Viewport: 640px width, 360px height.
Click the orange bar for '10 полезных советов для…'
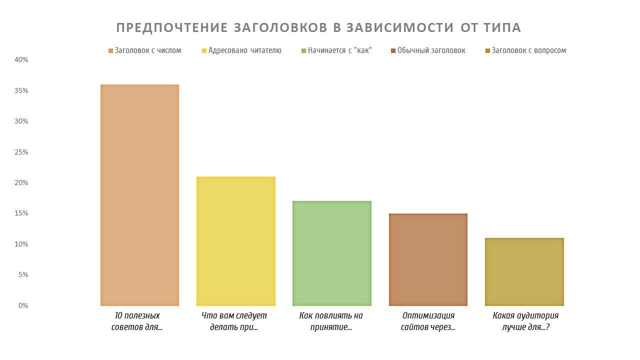click(139, 195)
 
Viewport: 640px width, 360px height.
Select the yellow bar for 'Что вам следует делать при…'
click(235, 241)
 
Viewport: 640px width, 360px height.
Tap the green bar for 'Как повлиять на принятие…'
click(331, 253)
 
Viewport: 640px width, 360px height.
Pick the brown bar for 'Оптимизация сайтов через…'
click(428, 259)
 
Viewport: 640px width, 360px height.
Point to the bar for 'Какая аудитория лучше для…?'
click(524, 271)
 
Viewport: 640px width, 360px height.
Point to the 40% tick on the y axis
click(21, 60)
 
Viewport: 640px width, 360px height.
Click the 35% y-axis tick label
click(21, 90)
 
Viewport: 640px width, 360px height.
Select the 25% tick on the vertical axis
click(21, 152)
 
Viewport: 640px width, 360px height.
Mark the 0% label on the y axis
click(23, 305)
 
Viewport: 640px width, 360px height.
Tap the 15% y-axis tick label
click(21, 213)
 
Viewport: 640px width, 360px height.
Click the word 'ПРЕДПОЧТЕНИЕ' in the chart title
click(171, 28)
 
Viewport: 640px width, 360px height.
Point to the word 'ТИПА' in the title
click(502, 28)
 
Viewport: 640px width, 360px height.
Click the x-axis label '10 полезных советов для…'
click(137, 321)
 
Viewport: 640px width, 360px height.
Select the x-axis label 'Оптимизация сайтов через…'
click(428, 321)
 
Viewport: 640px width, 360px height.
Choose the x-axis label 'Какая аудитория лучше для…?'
click(525, 321)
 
